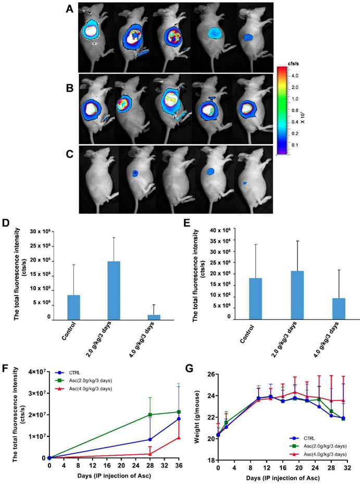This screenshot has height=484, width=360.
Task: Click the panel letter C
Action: coord(68,154)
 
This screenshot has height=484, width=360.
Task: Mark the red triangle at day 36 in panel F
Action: coord(179,437)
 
